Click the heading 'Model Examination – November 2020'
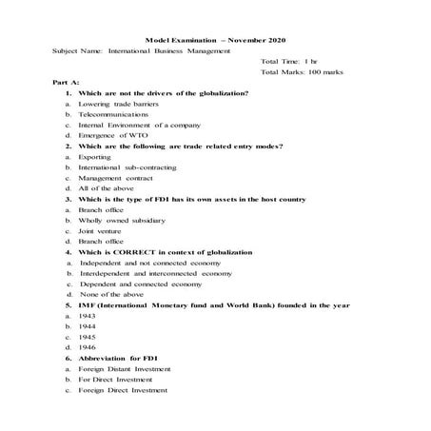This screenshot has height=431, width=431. (x=215, y=41)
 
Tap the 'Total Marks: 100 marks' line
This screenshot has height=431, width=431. (x=302, y=72)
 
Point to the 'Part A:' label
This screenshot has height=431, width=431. (x=66, y=83)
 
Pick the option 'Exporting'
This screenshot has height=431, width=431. (x=94, y=157)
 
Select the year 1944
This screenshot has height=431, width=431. (x=88, y=326)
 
